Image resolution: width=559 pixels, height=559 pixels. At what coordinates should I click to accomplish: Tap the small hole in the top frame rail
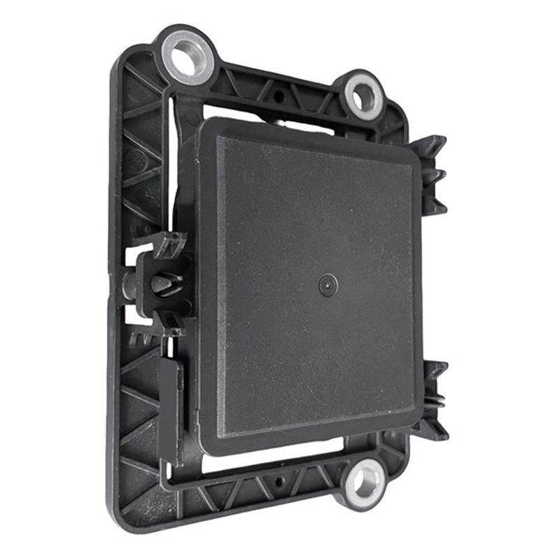[x=279, y=95]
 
